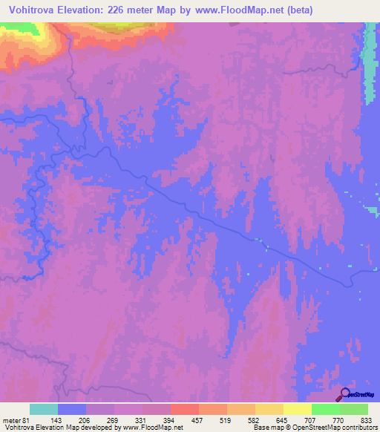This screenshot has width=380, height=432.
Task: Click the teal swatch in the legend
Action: pos(44,409)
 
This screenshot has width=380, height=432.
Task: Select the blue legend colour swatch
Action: pos(72,409)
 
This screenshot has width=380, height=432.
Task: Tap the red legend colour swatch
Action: pos(185,409)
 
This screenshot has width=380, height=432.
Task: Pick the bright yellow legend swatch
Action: pos(298,409)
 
